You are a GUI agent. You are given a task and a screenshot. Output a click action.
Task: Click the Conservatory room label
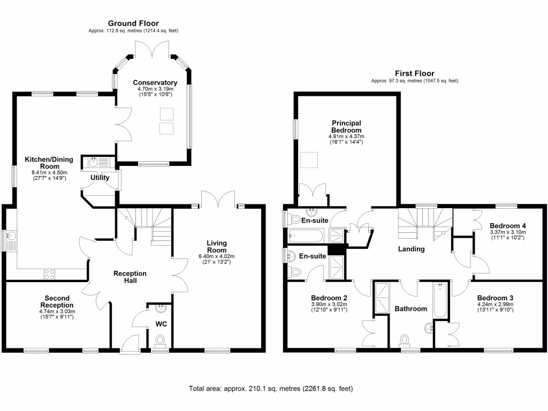[155, 83]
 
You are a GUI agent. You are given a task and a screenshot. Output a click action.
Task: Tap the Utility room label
[100, 178]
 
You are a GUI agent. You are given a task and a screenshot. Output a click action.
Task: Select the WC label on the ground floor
[161, 324]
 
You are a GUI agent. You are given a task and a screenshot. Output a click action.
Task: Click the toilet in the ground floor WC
[159, 340]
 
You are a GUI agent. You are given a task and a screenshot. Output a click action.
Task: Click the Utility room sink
[96, 161]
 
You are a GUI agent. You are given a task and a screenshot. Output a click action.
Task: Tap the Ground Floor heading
[133, 23]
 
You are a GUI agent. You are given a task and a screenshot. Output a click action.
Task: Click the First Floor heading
[415, 73]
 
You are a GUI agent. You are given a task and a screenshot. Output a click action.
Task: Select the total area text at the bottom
[271, 389]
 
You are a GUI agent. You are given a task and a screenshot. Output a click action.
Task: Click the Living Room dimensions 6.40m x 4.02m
[217, 256]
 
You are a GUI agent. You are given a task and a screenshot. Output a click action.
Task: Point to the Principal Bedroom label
[346, 126]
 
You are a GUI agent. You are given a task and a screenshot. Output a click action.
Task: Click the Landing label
[412, 249]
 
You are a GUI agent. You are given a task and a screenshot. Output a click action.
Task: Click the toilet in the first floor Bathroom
[405, 339]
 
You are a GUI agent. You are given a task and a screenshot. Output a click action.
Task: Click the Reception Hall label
[130, 277]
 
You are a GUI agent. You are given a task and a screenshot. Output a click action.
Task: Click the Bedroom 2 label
[330, 298]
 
